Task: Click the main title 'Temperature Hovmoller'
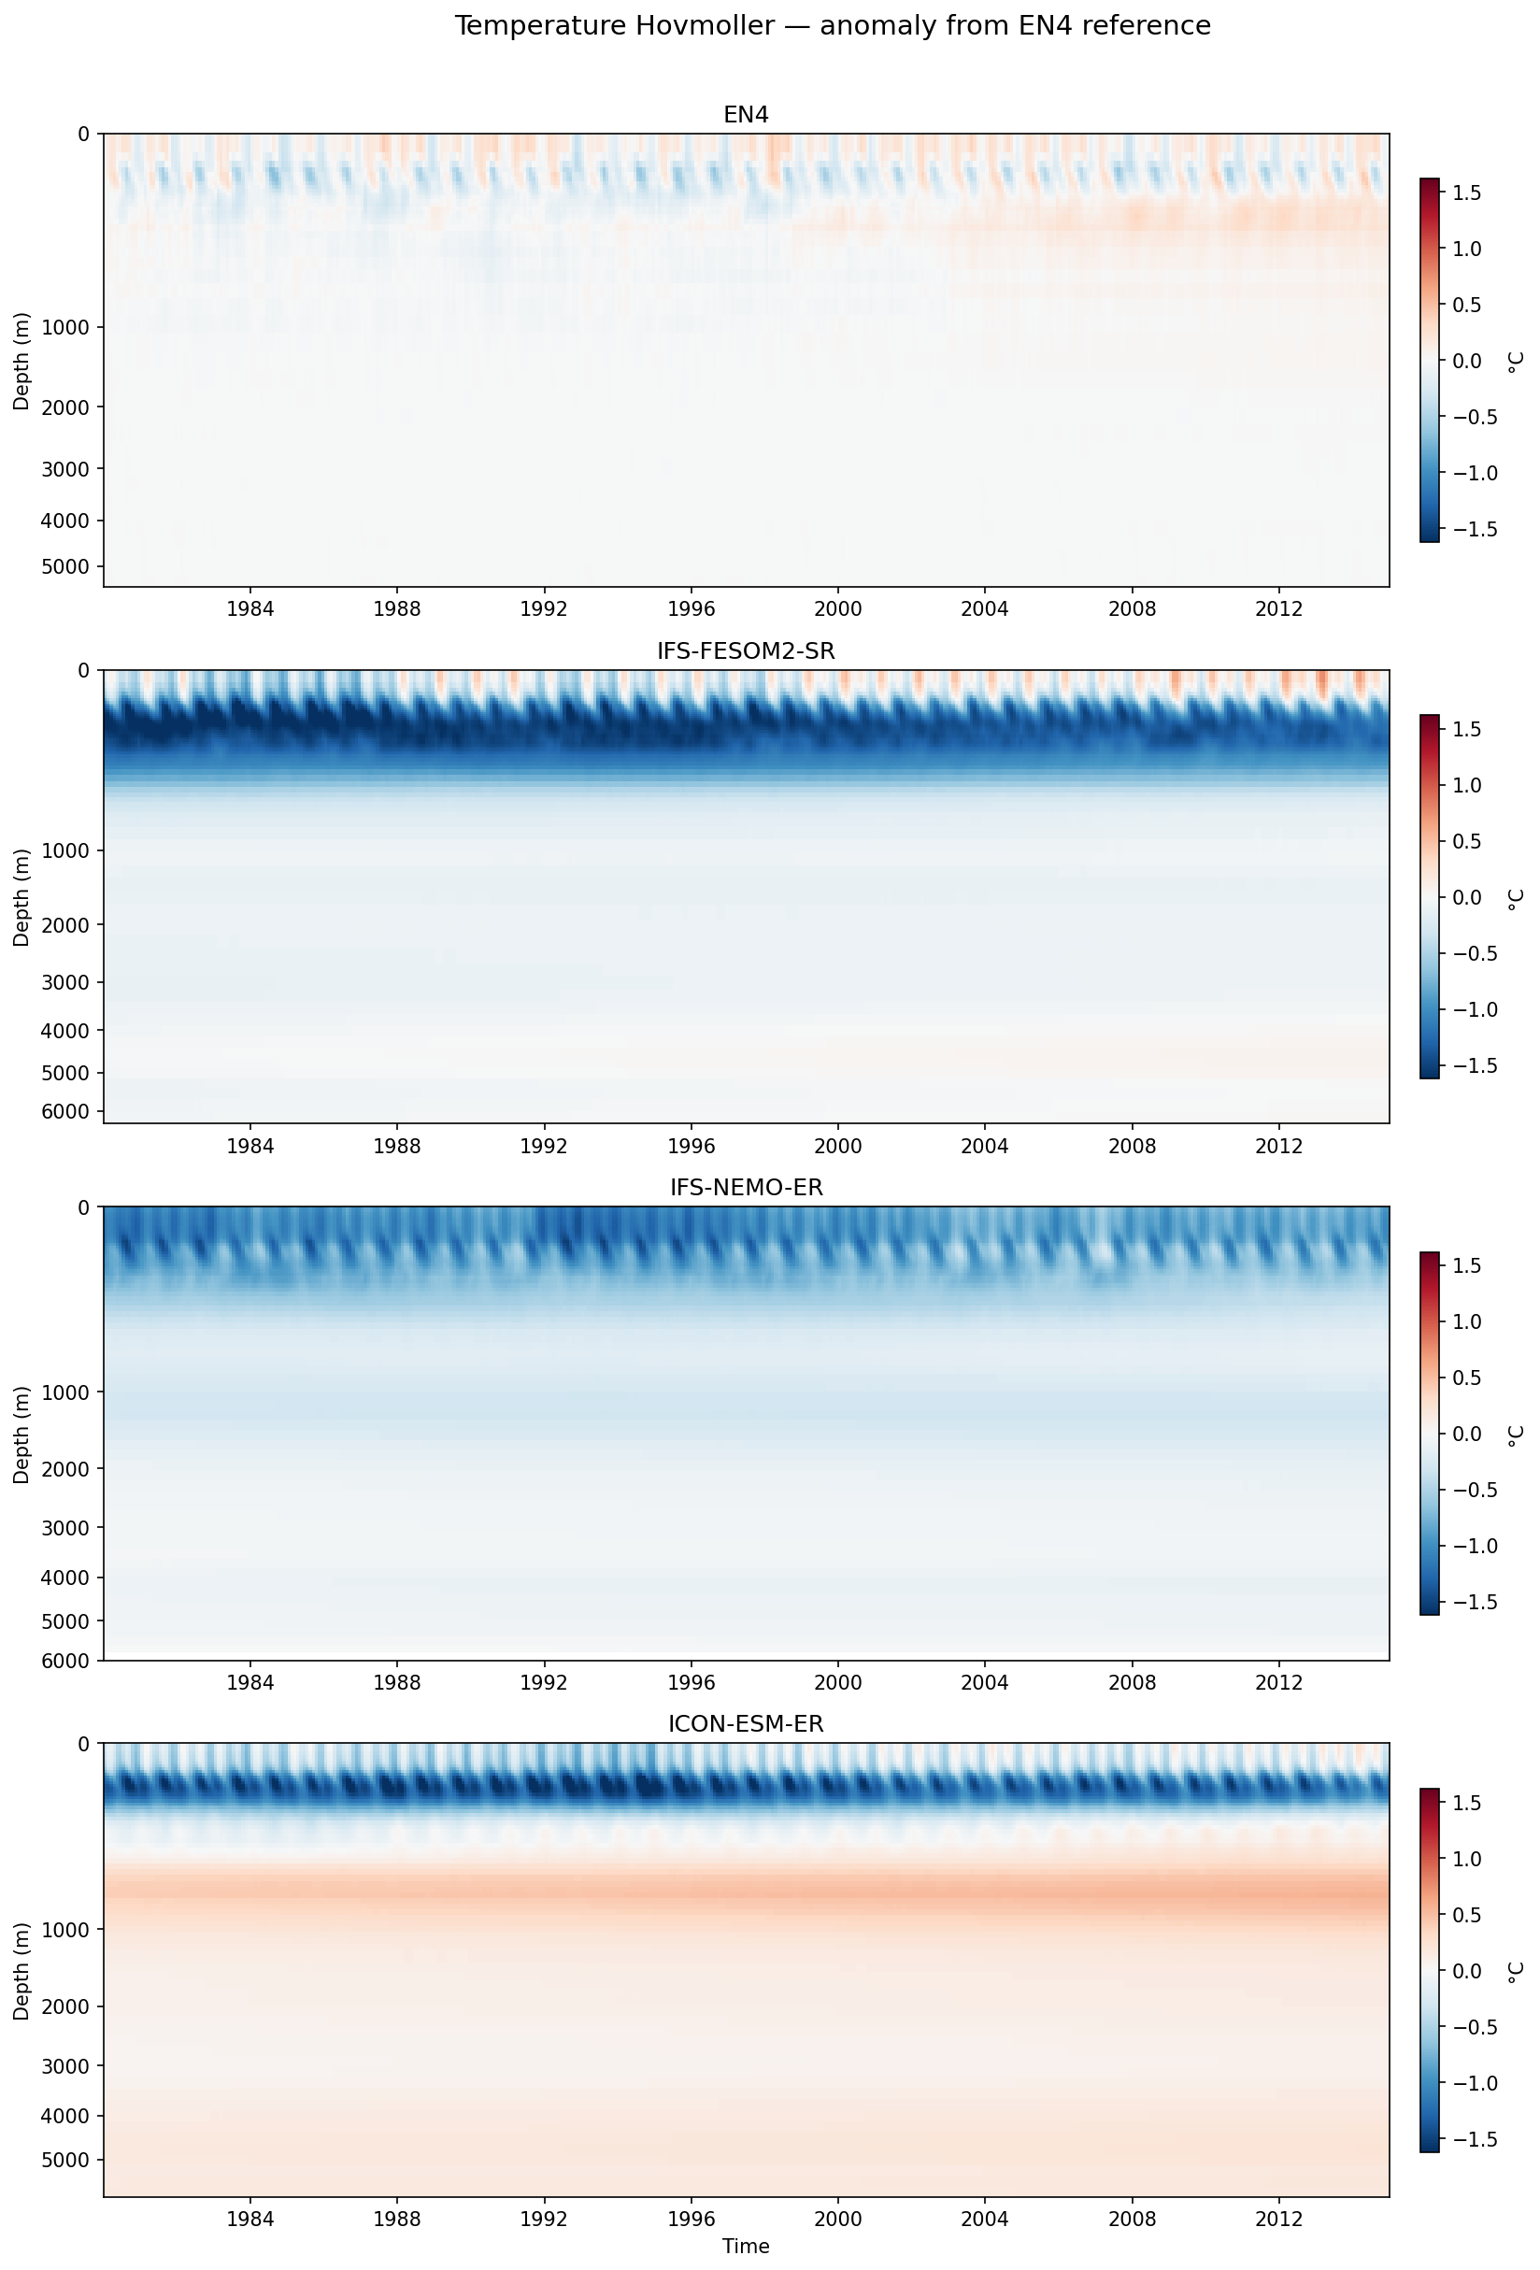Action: (832, 25)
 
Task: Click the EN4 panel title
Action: (745, 114)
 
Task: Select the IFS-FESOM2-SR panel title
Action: (745, 650)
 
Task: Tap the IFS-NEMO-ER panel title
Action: (745, 1187)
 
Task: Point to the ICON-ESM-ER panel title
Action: (745, 1724)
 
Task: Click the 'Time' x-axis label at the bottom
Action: (745, 2246)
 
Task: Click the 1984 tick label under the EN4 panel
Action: (250, 607)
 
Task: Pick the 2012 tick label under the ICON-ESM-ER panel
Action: (1278, 2219)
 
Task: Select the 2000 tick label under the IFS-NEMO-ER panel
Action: (838, 1681)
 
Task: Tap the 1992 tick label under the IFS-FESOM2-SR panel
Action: (544, 1145)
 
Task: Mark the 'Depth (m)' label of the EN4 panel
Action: (21, 361)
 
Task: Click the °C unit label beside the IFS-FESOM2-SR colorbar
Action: (1514, 899)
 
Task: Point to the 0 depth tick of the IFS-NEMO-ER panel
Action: (83, 1207)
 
